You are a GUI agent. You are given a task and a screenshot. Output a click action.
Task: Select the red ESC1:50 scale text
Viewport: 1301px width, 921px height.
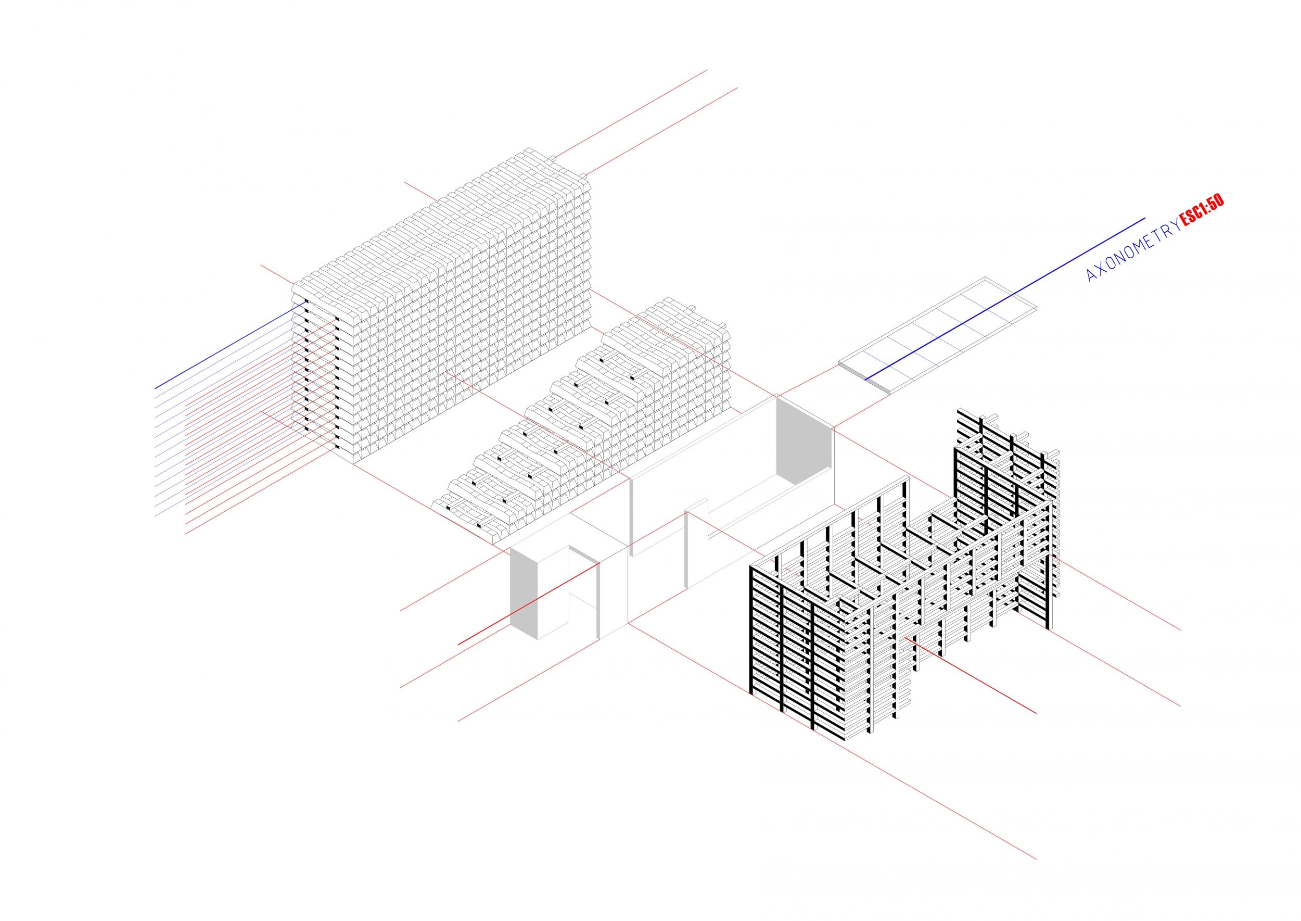coord(1201,210)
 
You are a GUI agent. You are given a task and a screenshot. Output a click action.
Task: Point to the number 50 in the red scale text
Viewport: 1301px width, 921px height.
coord(1216,203)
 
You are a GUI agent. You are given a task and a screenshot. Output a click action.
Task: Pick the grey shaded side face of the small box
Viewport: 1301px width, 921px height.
coord(523,592)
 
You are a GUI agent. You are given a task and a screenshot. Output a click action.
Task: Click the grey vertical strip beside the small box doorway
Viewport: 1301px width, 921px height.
coord(598,601)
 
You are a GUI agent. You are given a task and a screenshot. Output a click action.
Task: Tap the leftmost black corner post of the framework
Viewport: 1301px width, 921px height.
coord(751,629)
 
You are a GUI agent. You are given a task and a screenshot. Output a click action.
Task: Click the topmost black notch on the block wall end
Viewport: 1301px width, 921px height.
coord(307,302)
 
